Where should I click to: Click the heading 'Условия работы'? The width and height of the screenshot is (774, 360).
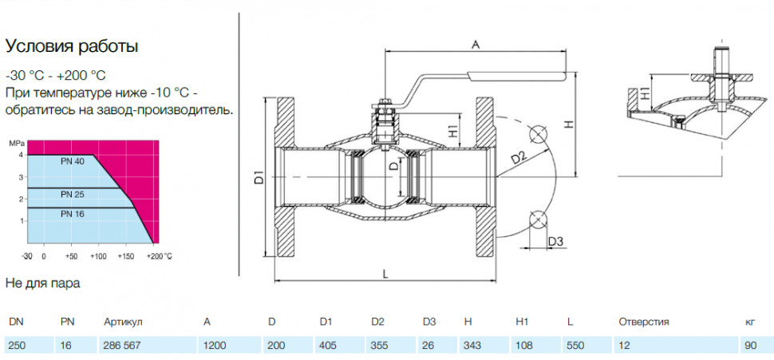72,47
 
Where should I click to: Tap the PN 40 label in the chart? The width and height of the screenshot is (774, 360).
73,161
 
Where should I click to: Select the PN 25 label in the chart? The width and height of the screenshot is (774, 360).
73,195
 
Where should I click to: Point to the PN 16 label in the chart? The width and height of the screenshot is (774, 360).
73,214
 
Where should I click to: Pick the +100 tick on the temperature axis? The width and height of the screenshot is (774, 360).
99,256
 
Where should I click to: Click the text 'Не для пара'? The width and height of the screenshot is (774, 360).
42,283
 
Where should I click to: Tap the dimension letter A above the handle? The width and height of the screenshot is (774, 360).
476,45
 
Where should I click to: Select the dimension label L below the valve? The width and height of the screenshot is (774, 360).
385,275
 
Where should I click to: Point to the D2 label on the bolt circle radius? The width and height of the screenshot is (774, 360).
519,159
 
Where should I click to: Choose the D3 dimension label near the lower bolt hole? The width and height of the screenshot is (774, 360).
556,242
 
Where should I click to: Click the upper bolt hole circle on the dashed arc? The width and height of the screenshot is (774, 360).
537,134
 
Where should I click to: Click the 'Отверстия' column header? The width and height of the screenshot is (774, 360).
644,322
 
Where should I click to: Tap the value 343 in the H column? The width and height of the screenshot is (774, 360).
472,345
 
